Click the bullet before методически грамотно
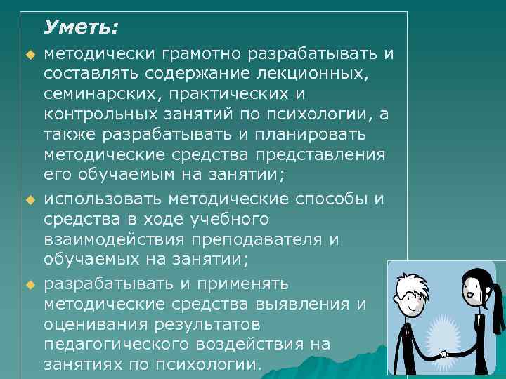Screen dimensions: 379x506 [x=29, y=55]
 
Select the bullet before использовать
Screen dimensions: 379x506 [x=29, y=200]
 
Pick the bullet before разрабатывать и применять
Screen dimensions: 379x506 [x=29, y=285]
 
